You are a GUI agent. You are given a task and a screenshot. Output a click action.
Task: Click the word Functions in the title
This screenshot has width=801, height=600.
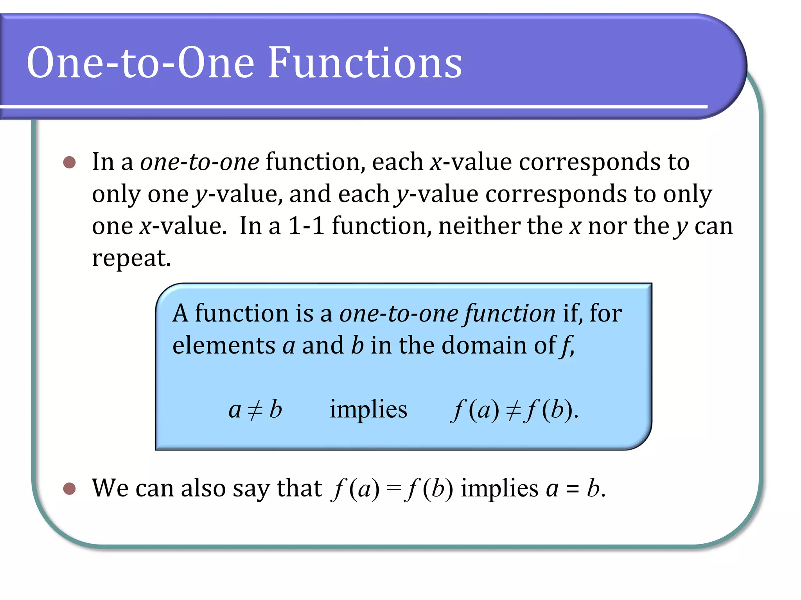(x=365, y=63)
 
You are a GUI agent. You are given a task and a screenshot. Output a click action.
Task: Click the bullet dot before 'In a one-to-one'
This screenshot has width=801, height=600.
(x=70, y=162)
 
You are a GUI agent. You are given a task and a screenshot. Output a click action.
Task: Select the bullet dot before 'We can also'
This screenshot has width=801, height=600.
(x=70, y=488)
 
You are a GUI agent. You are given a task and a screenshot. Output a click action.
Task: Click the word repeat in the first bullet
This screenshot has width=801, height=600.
(x=131, y=259)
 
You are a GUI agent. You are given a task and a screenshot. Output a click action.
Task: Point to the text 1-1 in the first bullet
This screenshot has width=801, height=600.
(x=306, y=226)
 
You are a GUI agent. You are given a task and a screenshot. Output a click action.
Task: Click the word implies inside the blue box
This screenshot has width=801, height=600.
(x=368, y=410)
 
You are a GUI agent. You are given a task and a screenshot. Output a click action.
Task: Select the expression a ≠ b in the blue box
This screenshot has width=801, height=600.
(x=255, y=410)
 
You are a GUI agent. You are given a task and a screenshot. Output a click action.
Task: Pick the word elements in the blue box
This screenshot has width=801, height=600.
(x=224, y=346)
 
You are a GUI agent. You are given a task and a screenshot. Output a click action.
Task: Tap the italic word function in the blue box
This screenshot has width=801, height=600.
(x=510, y=314)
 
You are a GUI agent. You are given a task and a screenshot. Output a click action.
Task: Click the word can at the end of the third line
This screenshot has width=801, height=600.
(x=713, y=227)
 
